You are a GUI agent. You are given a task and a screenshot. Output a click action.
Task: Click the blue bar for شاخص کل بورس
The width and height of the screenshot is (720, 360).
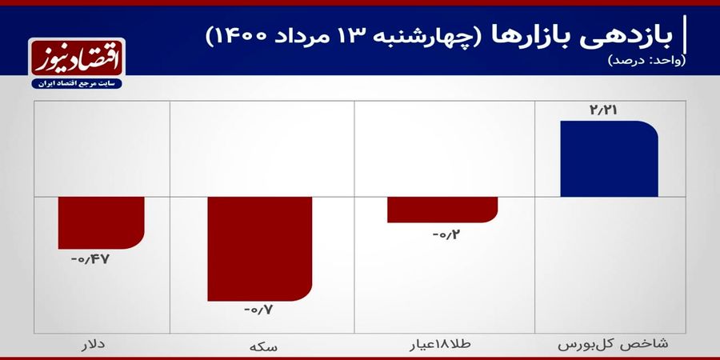(609, 159)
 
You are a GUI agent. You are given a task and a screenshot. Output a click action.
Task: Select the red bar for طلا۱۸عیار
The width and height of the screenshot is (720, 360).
(442, 210)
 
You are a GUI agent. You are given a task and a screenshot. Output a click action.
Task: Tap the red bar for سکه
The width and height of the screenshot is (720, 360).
(260, 249)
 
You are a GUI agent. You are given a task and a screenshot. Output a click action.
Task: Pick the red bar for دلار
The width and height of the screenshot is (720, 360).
(101, 222)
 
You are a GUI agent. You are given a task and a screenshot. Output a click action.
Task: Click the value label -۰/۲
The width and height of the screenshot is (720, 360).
(446, 235)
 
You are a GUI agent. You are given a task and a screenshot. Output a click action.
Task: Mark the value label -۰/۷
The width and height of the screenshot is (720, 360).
(258, 310)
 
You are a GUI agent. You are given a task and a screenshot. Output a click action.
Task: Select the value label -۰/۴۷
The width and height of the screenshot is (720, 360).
(90, 259)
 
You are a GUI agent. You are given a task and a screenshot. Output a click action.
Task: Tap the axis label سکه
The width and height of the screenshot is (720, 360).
(262, 346)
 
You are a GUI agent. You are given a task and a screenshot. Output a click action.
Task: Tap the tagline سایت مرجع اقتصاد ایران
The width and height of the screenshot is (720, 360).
(77, 84)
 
